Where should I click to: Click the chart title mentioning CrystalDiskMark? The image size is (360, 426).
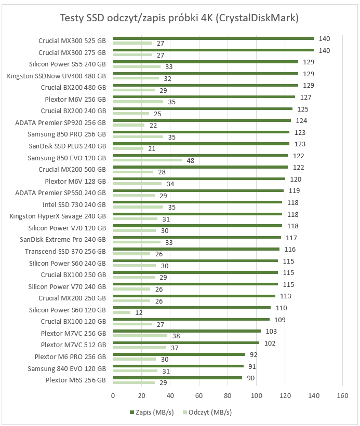[x=180, y=19]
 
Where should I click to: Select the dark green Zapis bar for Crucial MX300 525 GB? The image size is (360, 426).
[x=213, y=38]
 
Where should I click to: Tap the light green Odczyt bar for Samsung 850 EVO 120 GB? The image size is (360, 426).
[x=148, y=160]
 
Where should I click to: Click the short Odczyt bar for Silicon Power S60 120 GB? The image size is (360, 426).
[x=122, y=312]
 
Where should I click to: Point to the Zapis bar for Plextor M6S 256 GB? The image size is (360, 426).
[x=178, y=378]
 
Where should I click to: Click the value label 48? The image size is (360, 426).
[x=190, y=160]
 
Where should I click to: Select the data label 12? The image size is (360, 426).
[x=139, y=312]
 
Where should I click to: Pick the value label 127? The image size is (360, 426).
[x=305, y=97]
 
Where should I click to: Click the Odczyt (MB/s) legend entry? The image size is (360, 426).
[x=208, y=413]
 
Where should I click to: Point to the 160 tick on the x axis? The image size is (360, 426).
[x=342, y=395]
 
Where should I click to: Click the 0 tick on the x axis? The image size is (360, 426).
[x=113, y=395]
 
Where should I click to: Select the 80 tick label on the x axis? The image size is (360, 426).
[x=228, y=395]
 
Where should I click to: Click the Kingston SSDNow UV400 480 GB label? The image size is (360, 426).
[x=56, y=76]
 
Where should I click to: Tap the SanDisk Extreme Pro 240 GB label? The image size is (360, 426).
[x=63, y=240]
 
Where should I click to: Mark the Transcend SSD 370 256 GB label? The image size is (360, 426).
[x=65, y=251]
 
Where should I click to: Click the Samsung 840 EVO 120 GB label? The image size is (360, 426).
[x=67, y=368]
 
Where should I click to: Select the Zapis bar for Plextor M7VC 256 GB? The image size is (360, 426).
[x=187, y=331]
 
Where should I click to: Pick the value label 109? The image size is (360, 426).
[x=279, y=320]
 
